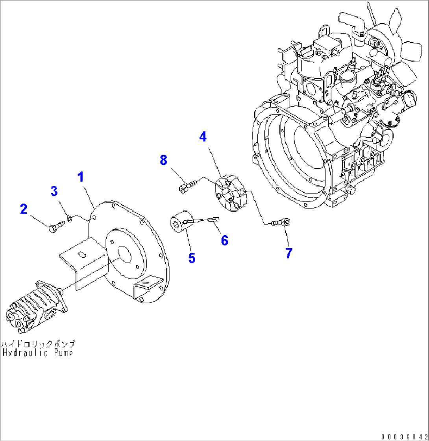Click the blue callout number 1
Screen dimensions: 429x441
pyautogui.click(x=81, y=177)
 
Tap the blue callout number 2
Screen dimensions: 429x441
pyautogui.click(x=24, y=209)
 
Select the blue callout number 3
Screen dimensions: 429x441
pyautogui.click(x=54, y=191)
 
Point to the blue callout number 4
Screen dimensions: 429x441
pyautogui.click(x=203, y=137)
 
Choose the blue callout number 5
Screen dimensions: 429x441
pyautogui.click(x=192, y=258)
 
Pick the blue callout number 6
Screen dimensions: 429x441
pyautogui.click(x=224, y=240)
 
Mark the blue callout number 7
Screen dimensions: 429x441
pyautogui.click(x=289, y=253)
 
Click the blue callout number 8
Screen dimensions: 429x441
pyautogui.click(x=163, y=160)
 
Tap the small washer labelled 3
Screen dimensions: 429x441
pyautogui.click(x=70, y=218)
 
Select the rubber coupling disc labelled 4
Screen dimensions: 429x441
pyautogui.click(x=230, y=193)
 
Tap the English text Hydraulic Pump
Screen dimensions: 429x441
pyautogui.click(x=38, y=352)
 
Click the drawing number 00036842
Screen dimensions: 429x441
pyautogui.click(x=404, y=436)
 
